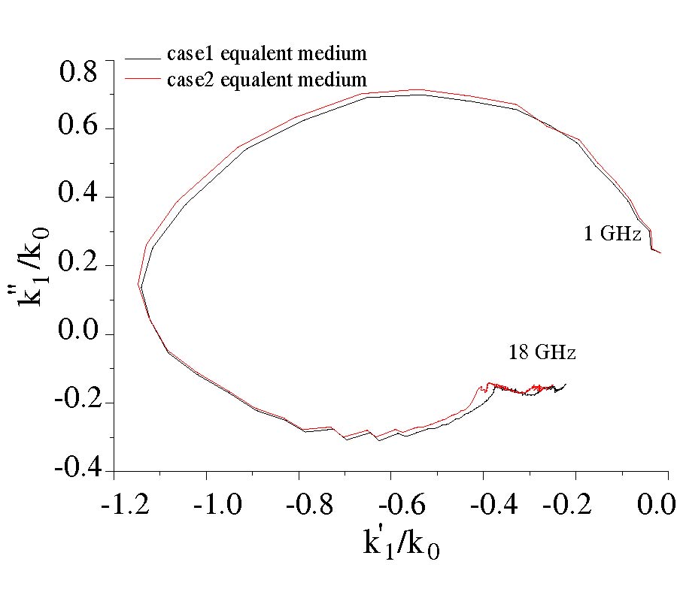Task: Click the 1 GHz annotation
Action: coord(612,234)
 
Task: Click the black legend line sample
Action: coord(143,56)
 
